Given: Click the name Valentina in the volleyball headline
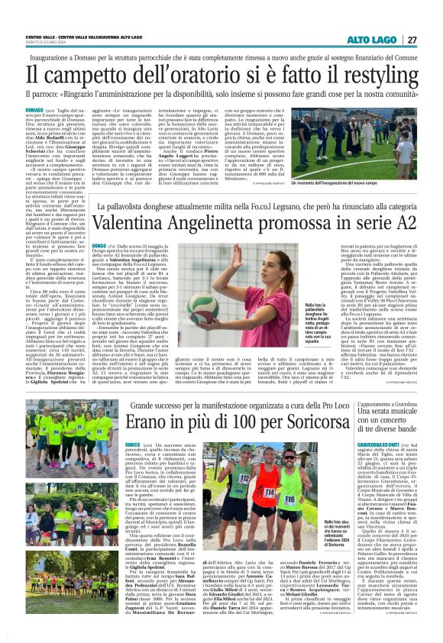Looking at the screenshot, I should tap(86, 221).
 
